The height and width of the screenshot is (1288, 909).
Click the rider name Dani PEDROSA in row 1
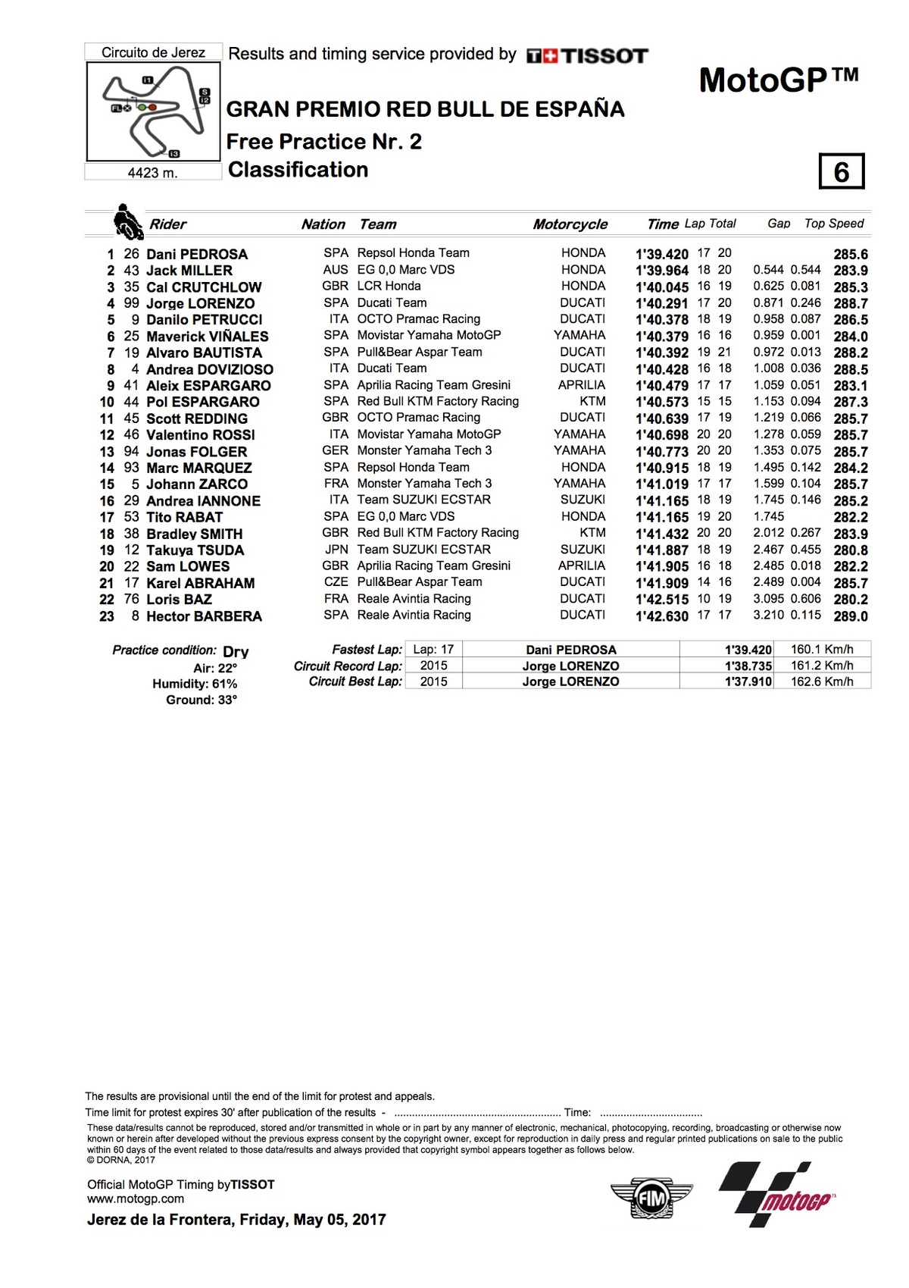(197, 254)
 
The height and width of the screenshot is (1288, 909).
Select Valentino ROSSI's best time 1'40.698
(661, 435)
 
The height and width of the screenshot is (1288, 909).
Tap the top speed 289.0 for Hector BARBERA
(851, 616)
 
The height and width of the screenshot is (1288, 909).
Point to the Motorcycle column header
(570, 224)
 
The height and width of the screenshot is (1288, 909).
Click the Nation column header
(323, 224)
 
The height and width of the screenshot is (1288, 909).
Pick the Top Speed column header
(833, 224)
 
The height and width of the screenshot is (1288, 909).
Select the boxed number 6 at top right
(841, 172)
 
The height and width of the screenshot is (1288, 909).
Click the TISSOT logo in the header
(588, 55)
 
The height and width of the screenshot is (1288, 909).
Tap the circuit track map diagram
(154, 111)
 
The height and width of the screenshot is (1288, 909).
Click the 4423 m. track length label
(153, 173)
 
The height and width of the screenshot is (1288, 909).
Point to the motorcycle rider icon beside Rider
(128, 222)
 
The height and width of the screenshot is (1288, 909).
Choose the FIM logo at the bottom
(651, 1199)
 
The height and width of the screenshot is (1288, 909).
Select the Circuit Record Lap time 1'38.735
(748, 666)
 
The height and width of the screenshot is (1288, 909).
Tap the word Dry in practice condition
(236, 651)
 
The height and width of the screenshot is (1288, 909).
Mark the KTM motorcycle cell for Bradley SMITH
(592, 533)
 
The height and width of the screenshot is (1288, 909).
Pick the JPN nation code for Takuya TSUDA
(336, 550)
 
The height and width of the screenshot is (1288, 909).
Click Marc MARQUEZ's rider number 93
(131, 468)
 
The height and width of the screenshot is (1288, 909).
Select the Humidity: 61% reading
(195, 684)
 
